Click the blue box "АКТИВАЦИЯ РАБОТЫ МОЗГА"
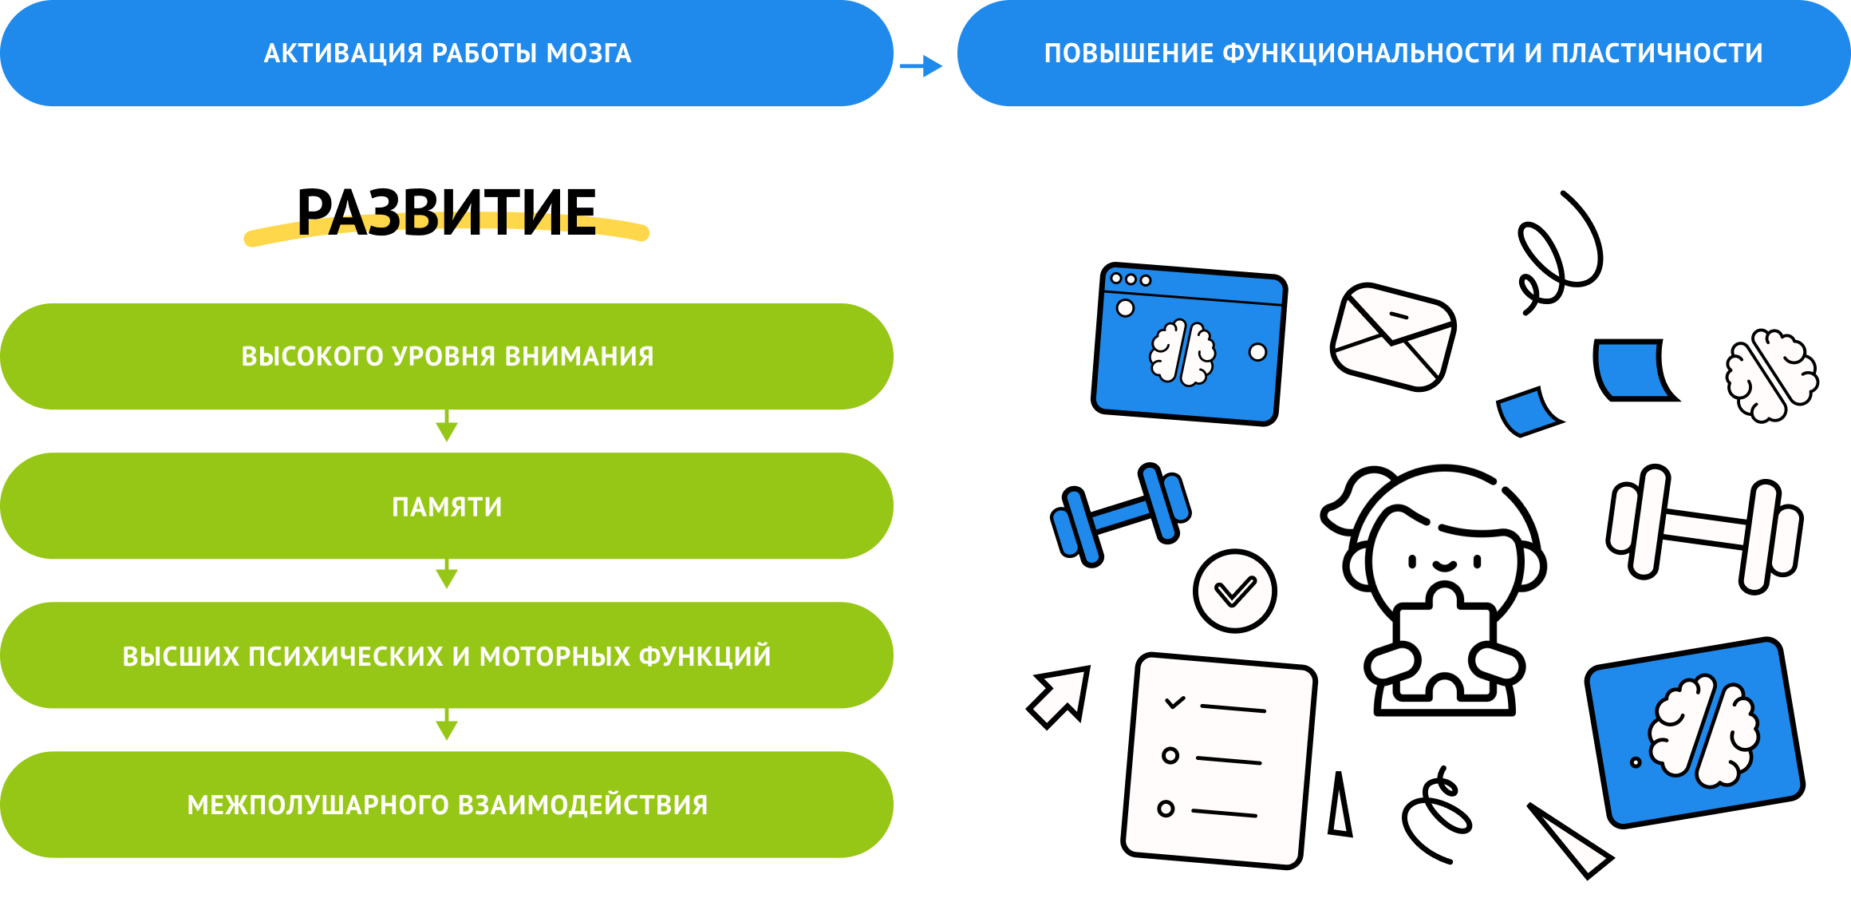(x=447, y=53)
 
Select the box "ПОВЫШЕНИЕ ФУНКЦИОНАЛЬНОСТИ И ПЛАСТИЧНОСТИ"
(x=1403, y=53)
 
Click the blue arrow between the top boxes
(x=922, y=66)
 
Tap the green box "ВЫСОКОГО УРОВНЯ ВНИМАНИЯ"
(x=447, y=356)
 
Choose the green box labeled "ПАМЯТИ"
(x=447, y=506)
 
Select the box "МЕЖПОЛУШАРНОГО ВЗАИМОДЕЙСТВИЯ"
(x=447, y=805)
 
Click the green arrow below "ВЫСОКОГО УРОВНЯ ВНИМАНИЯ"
(x=447, y=428)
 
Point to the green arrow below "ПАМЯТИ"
(x=447, y=576)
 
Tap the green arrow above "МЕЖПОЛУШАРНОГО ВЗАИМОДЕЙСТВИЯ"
(x=447, y=726)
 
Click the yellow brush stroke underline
(x=447, y=231)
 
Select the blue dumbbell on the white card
(x=1120, y=514)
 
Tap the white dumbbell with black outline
(x=1704, y=528)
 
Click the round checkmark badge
(x=1234, y=591)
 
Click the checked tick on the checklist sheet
(x=1175, y=702)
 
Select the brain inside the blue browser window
(x=1182, y=352)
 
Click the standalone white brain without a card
(x=1772, y=375)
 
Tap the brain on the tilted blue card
(x=1703, y=731)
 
